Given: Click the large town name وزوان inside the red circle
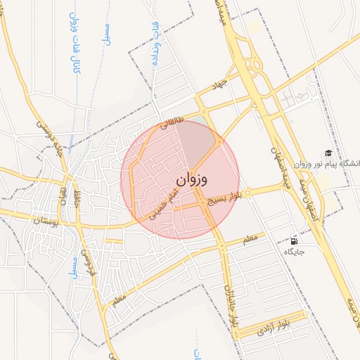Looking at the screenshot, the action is coord(192,179).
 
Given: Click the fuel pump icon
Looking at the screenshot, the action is coord(293,241).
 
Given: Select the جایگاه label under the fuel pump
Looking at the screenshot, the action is coord(293,252).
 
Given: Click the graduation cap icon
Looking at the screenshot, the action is coord(328,153).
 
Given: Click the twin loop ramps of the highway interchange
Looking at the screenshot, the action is coord(254,63).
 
